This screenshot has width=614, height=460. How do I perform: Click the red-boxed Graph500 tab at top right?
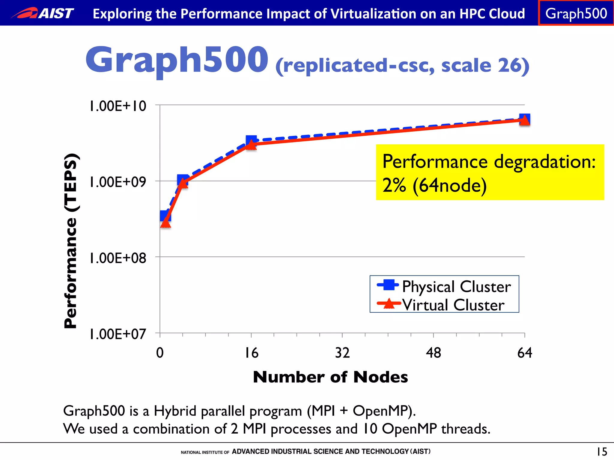(576, 13)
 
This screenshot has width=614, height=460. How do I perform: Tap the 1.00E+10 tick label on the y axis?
(118, 106)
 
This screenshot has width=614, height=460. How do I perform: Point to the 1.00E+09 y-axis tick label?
(118, 182)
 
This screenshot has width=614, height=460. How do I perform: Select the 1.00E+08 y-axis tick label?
(118, 258)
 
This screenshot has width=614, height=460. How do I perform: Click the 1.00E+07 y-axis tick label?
(118, 334)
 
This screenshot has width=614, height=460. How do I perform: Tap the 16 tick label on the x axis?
(251, 353)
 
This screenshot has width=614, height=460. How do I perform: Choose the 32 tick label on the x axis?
(342, 353)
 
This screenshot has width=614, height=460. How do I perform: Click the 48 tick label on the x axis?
(434, 353)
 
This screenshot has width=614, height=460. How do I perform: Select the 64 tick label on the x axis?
(525, 353)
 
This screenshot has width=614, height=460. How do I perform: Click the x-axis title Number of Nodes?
(330, 377)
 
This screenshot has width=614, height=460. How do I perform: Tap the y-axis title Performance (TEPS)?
(71, 241)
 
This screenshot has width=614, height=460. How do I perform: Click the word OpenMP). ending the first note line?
(384, 411)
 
